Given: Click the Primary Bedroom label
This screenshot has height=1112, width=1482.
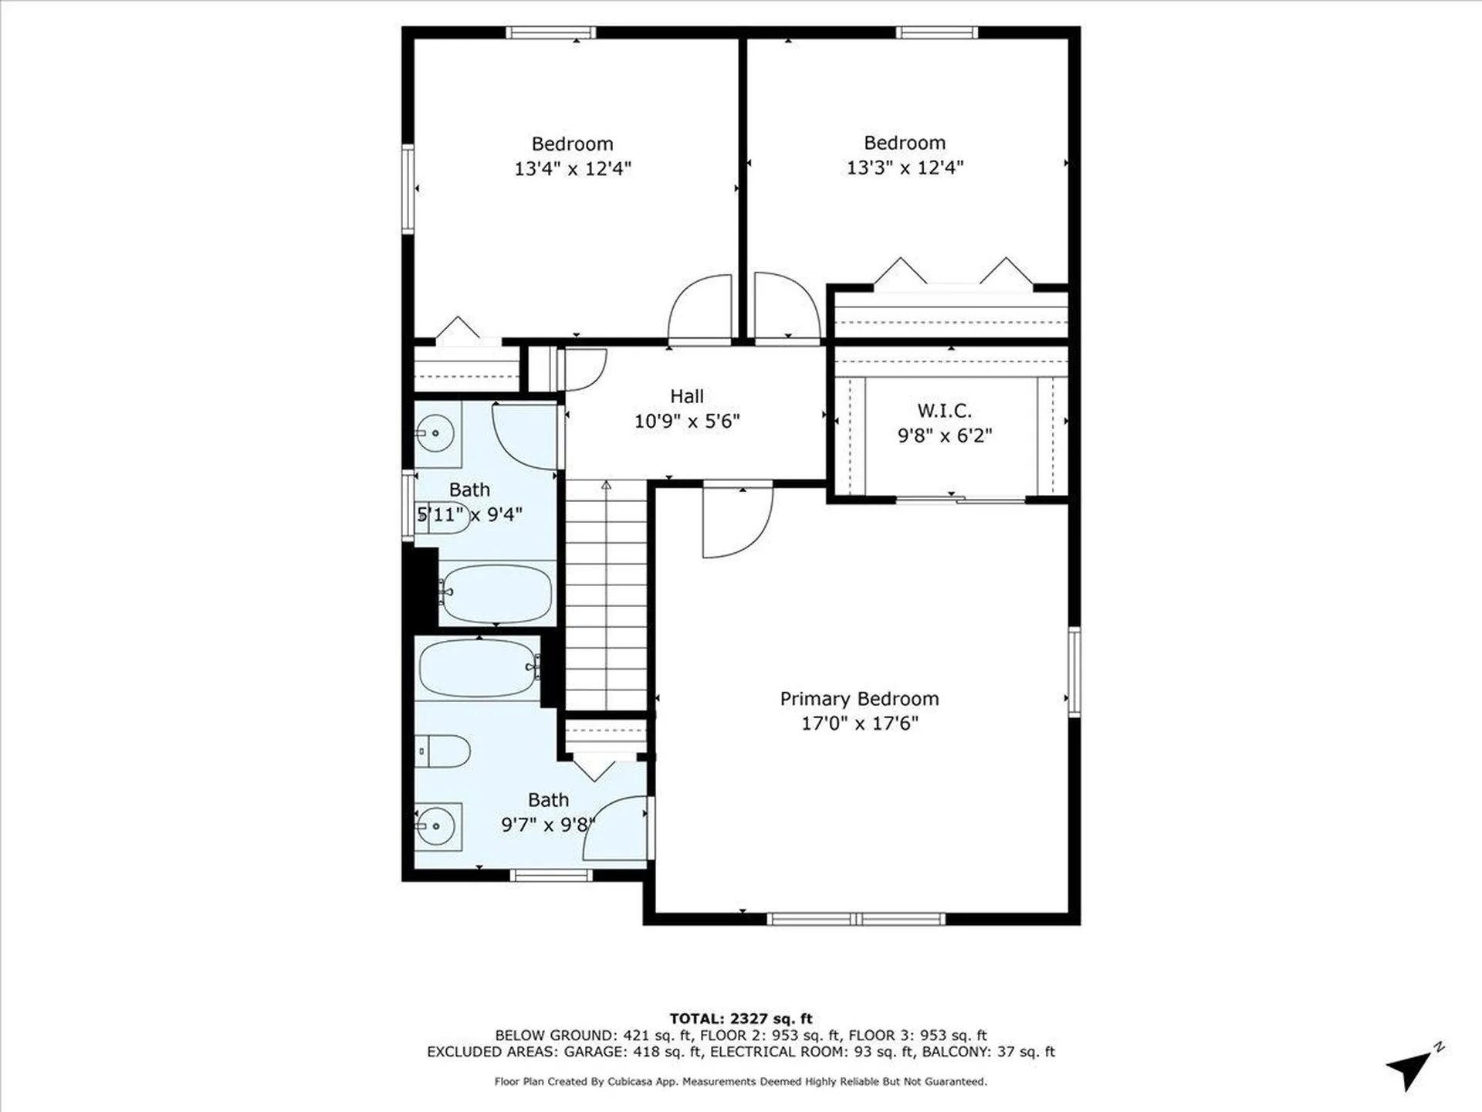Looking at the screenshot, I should (x=859, y=699).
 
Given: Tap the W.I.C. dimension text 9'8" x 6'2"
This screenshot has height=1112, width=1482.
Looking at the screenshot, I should (x=944, y=436).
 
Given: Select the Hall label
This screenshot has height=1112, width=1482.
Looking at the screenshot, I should (x=686, y=396).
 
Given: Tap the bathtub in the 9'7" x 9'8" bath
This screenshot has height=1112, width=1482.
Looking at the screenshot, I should (x=479, y=668).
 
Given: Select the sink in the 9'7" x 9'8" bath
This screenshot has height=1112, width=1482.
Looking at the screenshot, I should (x=436, y=826).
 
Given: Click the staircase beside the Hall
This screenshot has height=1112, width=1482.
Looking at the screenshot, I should (x=607, y=595).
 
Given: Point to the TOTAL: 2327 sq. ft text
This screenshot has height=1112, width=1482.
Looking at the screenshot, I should (x=740, y=1019).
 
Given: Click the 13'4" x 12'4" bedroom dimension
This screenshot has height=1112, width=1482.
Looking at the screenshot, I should (x=573, y=168).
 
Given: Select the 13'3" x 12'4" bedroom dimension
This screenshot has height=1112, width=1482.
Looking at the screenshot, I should (x=905, y=168).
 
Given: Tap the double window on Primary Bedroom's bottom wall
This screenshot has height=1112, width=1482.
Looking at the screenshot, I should (x=856, y=919).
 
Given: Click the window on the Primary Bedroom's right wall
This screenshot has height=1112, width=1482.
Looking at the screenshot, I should (x=1074, y=672).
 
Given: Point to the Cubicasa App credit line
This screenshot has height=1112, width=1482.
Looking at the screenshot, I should (x=740, y=1082).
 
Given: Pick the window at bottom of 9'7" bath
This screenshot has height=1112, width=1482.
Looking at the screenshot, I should (x=551, y=875).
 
